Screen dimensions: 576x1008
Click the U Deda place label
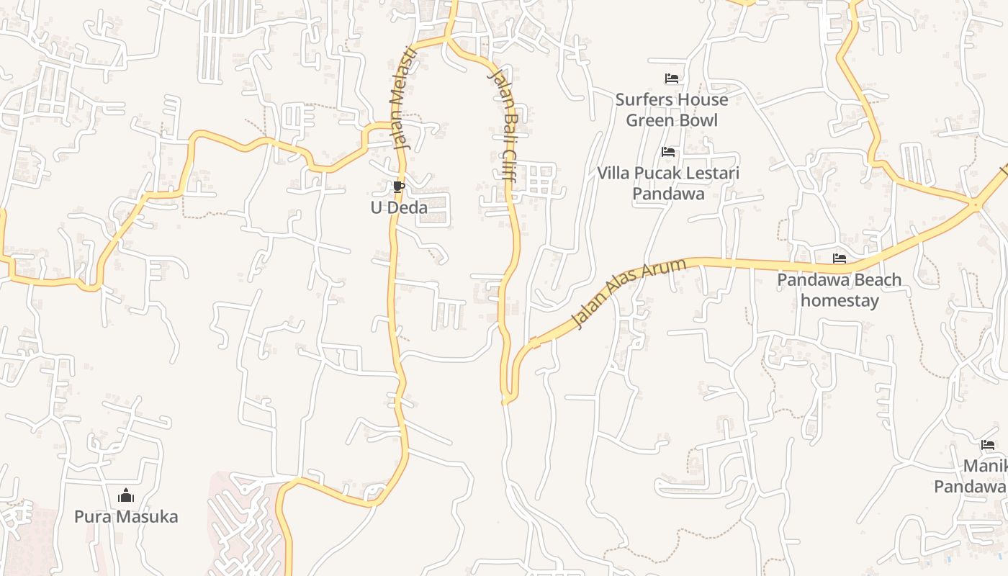(399, 208)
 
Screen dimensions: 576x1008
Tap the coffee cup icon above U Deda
(398, 187)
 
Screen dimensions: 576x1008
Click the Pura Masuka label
(126, 517)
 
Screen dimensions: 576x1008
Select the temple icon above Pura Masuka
(126, 495)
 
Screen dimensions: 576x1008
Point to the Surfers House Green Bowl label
(671, 109)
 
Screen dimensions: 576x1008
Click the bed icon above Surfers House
(671, 78)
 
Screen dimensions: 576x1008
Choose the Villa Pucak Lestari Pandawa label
(668, 183)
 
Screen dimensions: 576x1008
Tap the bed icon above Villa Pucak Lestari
(668, 152)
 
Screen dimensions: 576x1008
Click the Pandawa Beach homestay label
(840, 289)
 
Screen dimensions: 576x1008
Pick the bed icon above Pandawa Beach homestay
(839, 258)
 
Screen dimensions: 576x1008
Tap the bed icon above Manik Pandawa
(988, 445)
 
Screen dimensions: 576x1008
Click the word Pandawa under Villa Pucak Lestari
(668, 194)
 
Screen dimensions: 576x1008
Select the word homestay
(840, 300)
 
